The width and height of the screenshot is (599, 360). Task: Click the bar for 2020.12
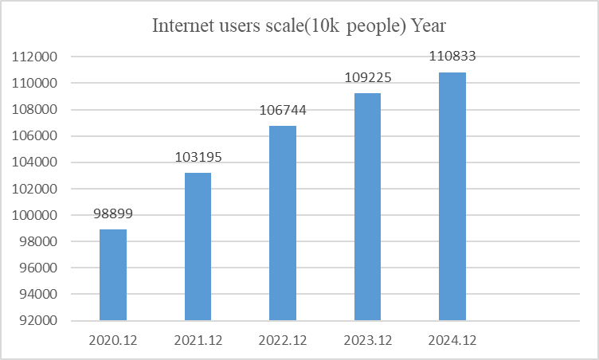(x=113, y=275)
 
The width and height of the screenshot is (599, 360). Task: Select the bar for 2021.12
(x=198, y=247)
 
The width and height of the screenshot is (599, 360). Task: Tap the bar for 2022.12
(x=283, y=223)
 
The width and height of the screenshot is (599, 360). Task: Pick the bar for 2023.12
(x=367, y=207)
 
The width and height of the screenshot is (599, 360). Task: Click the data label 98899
(x=113, y=214)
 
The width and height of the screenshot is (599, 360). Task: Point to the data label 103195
(x=198, y=158)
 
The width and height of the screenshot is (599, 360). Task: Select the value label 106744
(x=283, y=111)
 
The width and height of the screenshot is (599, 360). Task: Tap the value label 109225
(x=367, y=78)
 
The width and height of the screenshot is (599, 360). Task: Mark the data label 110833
(x=452, y=57)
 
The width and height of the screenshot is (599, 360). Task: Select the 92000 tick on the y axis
(x=38, y=321)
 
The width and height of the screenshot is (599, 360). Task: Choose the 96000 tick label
(x=38, y=268)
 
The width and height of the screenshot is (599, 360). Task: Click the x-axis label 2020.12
(x=113, y=339)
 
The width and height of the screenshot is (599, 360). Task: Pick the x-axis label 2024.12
(x=452, y=339)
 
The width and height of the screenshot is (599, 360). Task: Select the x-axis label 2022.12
(x=283, y=339)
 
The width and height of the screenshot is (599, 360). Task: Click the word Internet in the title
(x=182, y=25)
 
